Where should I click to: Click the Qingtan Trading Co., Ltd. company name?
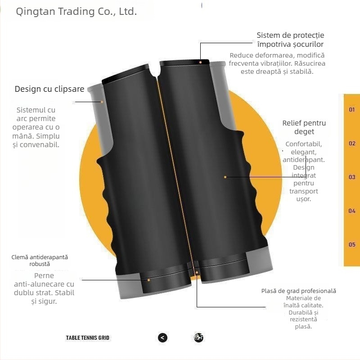click(x=76, y=12)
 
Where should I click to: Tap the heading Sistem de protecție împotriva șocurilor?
click(x=290, y=40)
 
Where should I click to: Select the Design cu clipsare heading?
click(x=49, y=89)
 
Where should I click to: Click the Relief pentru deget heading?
click(x=304, y=127)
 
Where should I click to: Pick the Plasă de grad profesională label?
click(x=299, y=291)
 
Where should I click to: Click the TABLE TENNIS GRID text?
click(x=88, y=337)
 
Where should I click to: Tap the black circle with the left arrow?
click(x=163, y=337)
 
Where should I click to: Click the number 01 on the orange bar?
click(x=352, y=109)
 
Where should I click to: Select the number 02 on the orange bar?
click(x=352, y=144)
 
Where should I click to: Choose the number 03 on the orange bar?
click(x=352, y=177)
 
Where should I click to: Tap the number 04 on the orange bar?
click(x=352, y=211)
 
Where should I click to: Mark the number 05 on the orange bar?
click(x=352, y=244)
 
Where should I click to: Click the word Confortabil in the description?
click(x=304, y=144)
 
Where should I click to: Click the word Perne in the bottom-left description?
click(x=44, y=275)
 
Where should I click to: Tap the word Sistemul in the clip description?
click(x=31, y=110)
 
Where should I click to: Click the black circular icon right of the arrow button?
click(x=198, y=337)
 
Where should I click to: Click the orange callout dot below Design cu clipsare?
click(x=102, y=102)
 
